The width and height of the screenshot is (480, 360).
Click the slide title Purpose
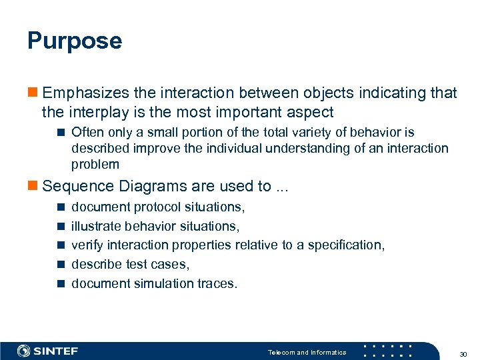point(75,41)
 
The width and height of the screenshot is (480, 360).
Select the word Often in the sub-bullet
point(87,133)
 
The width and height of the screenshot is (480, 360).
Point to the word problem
point(95,164)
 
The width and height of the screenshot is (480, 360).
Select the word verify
point(86,245)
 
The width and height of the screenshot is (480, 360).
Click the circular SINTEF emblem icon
point(24,351)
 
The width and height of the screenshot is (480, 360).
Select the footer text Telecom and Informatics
point(307,352)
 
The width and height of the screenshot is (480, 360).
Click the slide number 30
point(463,352)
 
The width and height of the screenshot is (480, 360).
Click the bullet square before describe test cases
point(60,265)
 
